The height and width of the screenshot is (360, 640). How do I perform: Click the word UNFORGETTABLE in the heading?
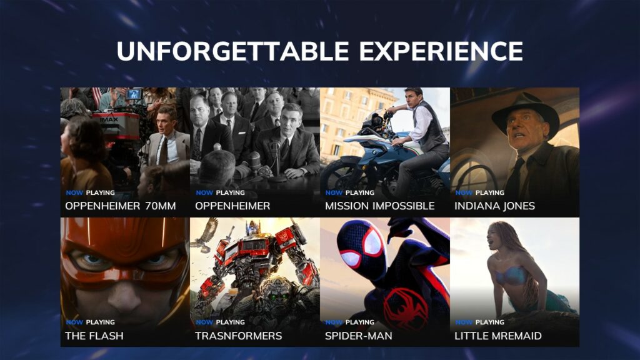(232, 51)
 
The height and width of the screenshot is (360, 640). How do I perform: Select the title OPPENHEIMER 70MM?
(121, 206)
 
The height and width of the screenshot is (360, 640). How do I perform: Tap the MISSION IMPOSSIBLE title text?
(379, 206)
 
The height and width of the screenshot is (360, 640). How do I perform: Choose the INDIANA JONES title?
(495, 206)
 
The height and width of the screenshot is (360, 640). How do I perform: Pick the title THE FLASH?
(94, 336)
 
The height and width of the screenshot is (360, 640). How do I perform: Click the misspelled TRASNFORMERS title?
(238, 336)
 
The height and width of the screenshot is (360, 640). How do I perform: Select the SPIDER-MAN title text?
(358, 336)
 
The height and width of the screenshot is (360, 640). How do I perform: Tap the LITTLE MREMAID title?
(498, 336)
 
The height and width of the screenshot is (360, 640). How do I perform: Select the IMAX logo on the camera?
(109, 119)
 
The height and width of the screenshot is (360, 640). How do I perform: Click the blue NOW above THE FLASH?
(74, 322)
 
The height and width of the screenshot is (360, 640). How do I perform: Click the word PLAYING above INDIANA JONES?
(490, 192)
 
